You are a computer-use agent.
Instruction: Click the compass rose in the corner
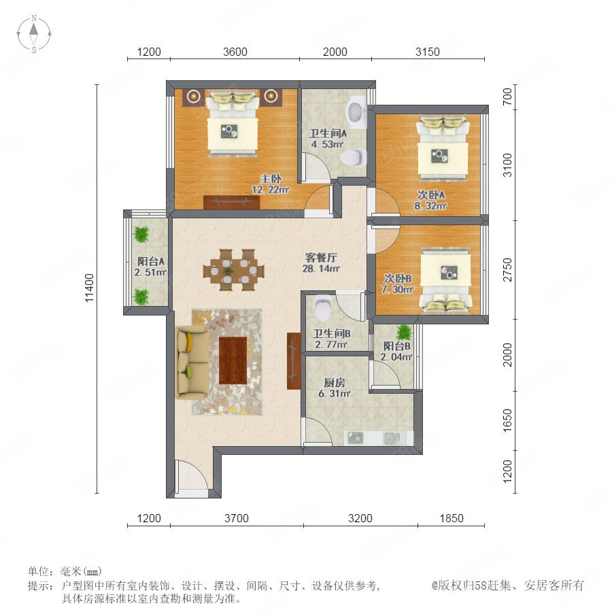pyautogui.click(x=34, y=33)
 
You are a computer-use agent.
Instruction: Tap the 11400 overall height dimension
pyautogui.click(x=89, y=288)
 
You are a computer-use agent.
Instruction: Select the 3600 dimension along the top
pyautogui.click(x=235, y=52)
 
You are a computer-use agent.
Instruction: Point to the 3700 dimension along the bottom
pyautogui.click(x=237, y=518)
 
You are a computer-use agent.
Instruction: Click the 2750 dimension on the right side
pyautogui.click(x=507, y=270)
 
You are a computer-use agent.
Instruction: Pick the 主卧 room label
pyautogui.click(x=271, y=179)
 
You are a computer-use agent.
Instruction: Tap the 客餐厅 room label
pyautogui.click(x=321, y=258)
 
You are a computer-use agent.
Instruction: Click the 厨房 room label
pyautogui.click(x=335, y=382)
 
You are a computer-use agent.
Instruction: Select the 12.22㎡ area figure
pyautogui.click(x=271, y=190)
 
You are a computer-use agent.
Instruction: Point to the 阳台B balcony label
pyautogui.click(x=396, y=346)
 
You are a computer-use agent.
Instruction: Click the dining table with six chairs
pyautogui.click(x=233, y=270)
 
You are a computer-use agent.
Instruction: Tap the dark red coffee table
pyautogui.click(x=233, y=360)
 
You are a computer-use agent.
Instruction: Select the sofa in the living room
pyautogui.click(x=192, y=362)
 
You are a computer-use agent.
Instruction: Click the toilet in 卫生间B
pyautogui.click(x=323, y=307)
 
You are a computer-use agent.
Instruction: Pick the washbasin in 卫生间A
pyautogui.click(x=356, y=112)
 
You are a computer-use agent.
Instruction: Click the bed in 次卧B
pyautogui.click(x=445, y=281)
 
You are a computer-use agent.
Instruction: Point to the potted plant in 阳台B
pyautogui.click(x=404, y=333)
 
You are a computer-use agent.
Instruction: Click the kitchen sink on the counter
pyautogui.click(x=392, y=439)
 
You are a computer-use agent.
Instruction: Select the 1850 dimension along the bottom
pyautogui.click(x=452, y=518)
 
